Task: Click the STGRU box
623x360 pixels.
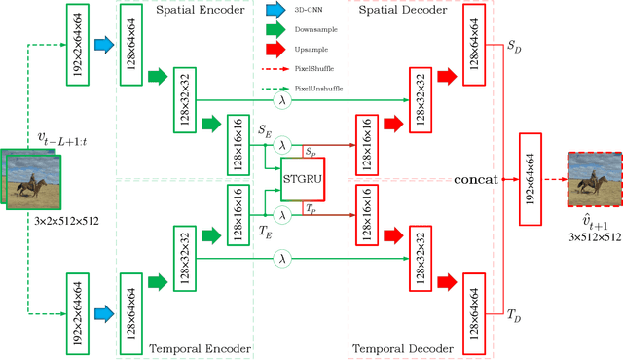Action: click(302, 178)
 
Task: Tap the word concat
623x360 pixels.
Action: click(475, 179)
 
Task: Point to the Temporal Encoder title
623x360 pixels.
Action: click(202, 348)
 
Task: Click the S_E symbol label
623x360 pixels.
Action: click(264, 127)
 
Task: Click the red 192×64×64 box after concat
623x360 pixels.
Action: click(531, 179)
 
